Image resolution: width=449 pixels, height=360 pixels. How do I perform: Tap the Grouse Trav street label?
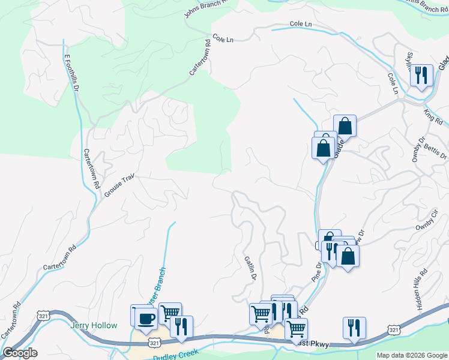coord(118,186)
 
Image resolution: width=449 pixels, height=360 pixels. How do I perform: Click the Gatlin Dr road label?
coord(250,268)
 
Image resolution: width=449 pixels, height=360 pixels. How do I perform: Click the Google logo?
coord(20,353)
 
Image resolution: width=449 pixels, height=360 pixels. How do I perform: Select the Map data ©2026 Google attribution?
coord(412,355)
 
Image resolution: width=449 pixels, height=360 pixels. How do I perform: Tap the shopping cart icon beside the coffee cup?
coord(170,313)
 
